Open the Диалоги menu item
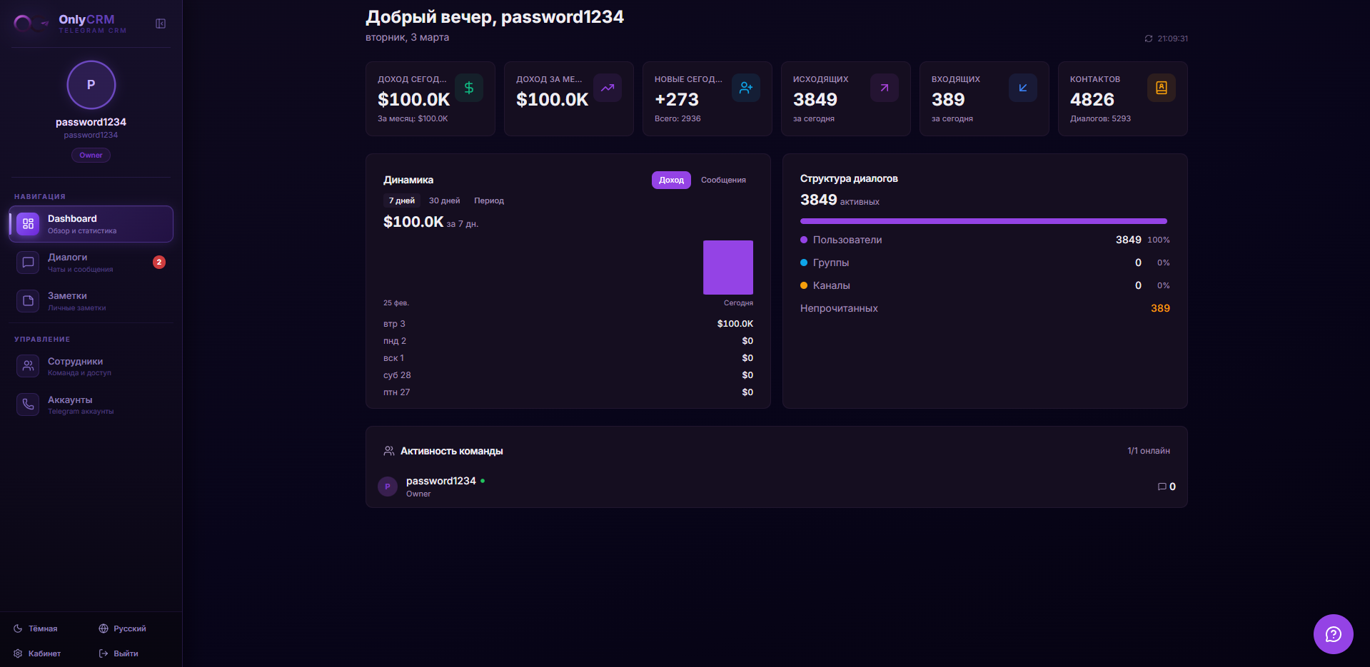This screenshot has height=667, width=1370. tap(68, 261)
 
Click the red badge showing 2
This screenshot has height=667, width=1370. tap(159, 262)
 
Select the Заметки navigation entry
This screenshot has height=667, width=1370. tap(67, 300)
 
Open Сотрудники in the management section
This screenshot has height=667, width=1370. tap(75, 365)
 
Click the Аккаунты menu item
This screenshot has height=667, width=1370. tap(70, 404)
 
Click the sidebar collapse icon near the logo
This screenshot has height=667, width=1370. tap(161, 24)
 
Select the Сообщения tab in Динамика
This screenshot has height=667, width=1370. tap(723, 180)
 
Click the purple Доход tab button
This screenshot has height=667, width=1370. tap(671, 180)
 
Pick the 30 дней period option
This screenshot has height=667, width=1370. tap(444, 200)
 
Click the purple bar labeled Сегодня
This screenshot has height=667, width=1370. tap(727, 268)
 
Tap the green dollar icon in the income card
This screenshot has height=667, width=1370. tap(469, 88)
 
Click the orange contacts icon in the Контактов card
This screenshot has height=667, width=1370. tap(1161, 88)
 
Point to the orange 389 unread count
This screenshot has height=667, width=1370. tap(1160, 308)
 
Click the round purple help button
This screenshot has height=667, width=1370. tap(1333, 633)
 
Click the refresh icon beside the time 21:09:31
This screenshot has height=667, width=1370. tap(1149, 39)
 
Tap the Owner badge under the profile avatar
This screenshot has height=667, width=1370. tap(91, 155)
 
